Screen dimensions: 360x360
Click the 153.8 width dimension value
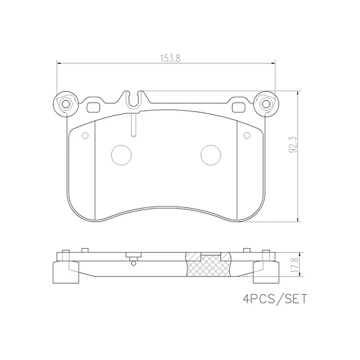(170, 58)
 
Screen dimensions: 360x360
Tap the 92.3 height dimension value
(293, 145)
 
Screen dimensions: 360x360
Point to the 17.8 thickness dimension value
(295, 265)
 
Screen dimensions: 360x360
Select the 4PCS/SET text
(275, 299)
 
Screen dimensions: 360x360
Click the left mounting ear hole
(66, 104)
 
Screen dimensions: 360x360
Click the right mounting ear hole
(266, 104)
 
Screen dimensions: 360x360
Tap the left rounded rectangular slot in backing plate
(93, 107)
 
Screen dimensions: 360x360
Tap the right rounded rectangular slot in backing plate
(239, 107)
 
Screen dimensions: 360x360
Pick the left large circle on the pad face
(121, 155)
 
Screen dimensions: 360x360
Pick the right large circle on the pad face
(211, 155)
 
